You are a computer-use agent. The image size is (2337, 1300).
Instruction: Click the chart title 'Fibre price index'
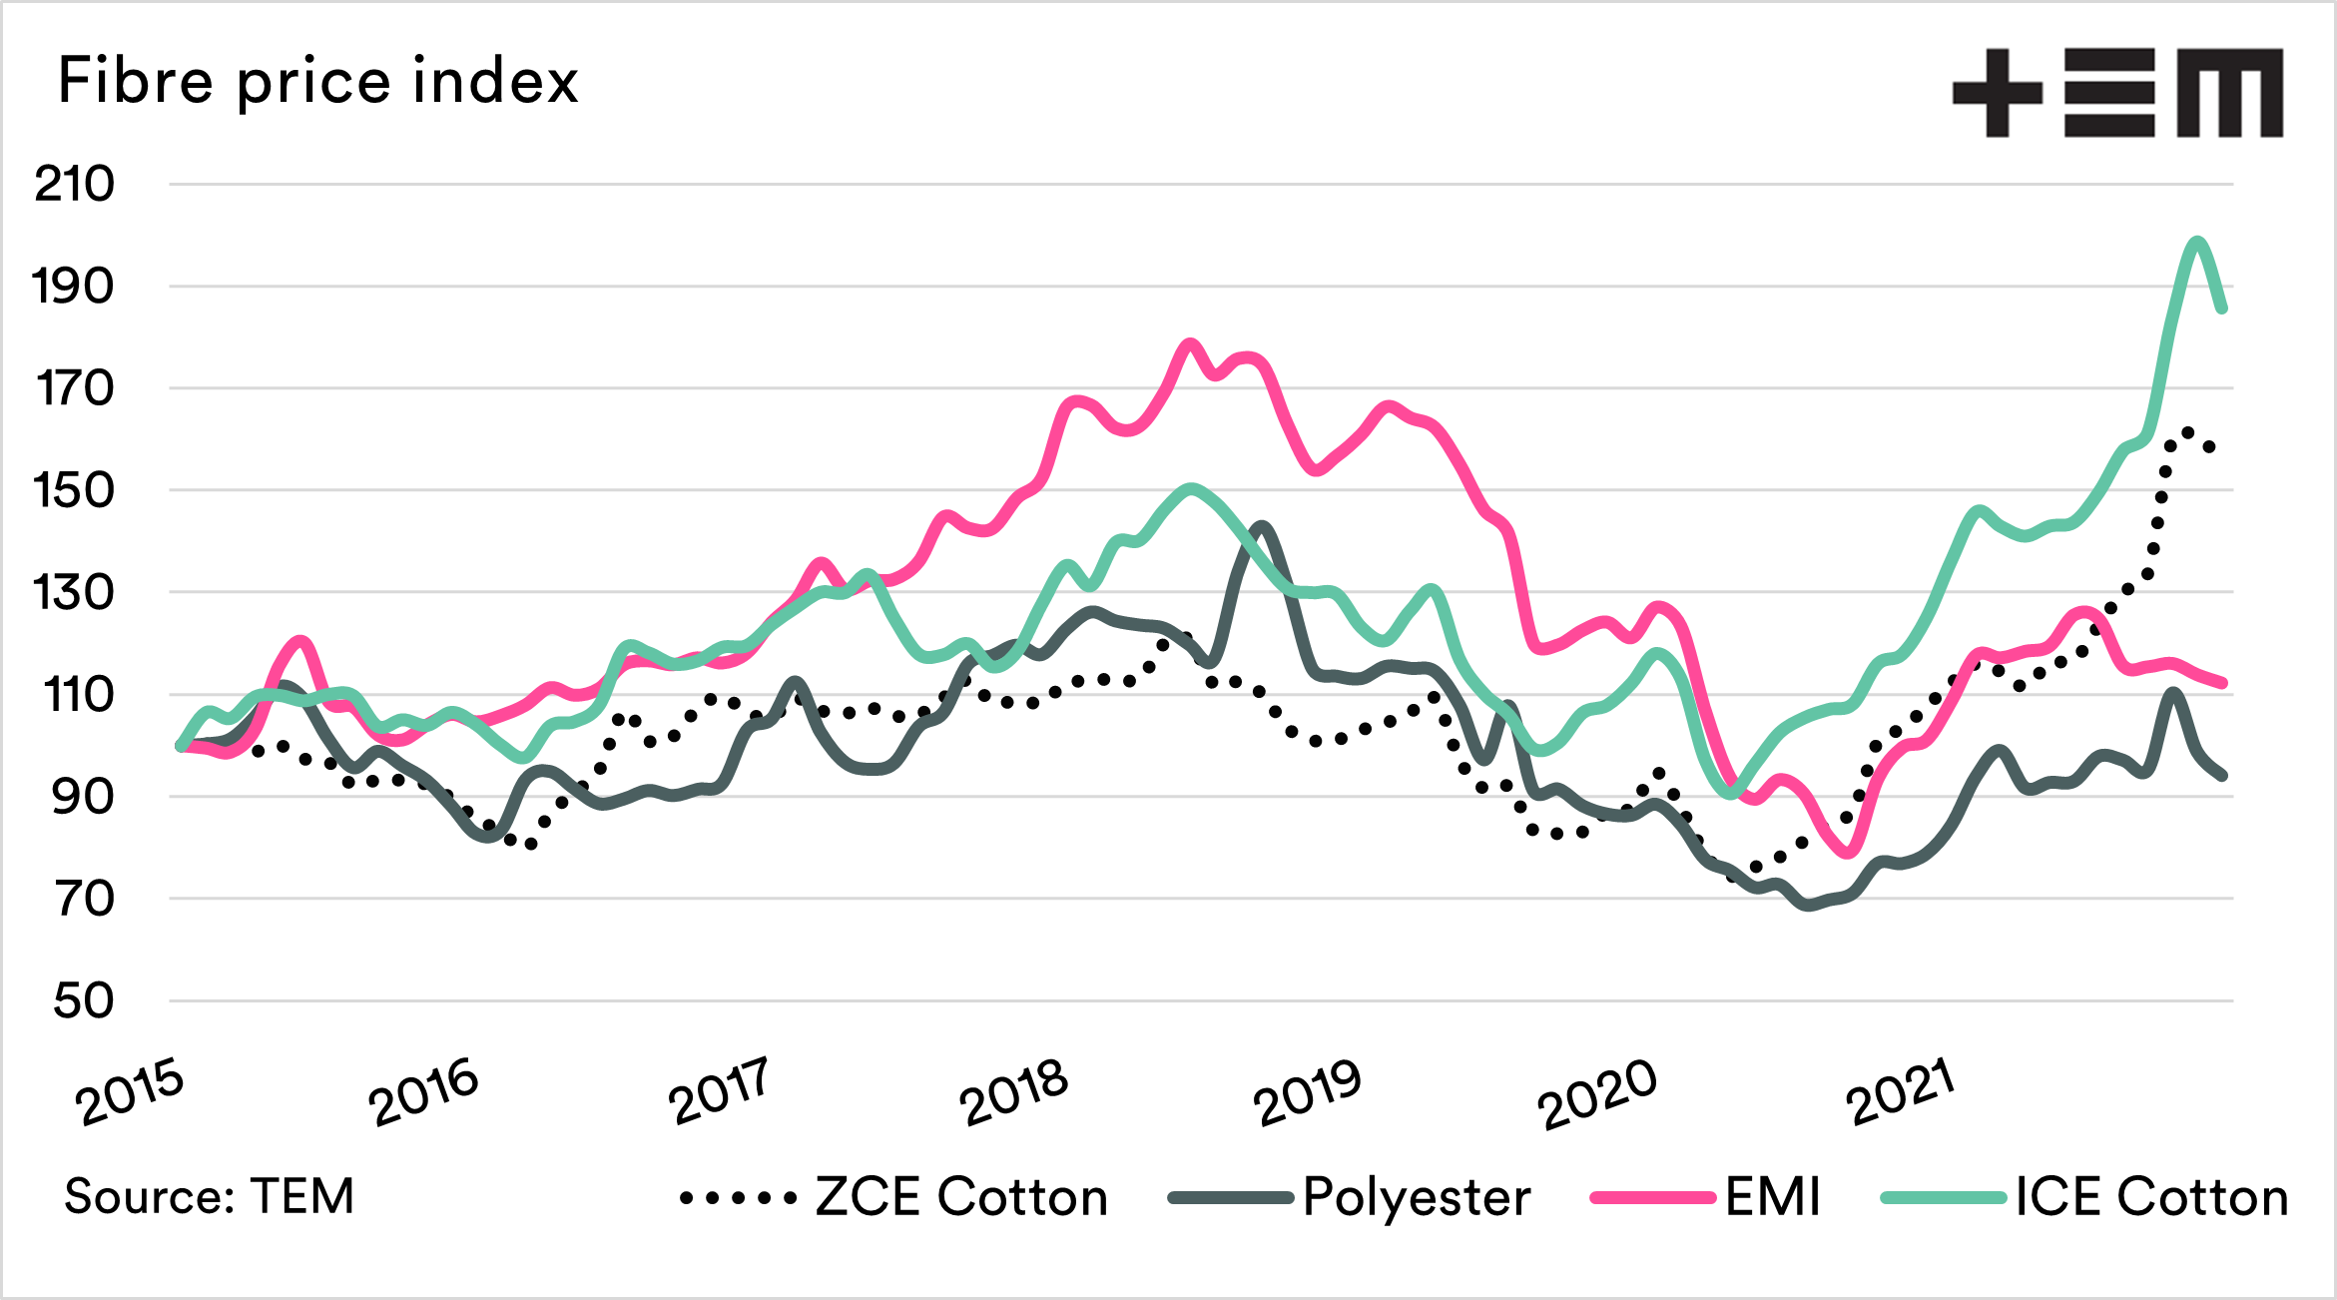pyautogui.click(x=317, y=81)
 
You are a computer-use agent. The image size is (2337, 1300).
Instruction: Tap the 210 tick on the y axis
pyautogui.click(x=75, y=185)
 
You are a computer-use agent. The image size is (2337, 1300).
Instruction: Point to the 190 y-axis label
pyautogui.click(x=75, y=287)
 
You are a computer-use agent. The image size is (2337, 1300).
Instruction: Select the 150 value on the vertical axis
pyautogui.click(x=75, y=490)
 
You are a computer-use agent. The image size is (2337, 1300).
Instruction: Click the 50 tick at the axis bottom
pyautogui.click(x=84, y=1000)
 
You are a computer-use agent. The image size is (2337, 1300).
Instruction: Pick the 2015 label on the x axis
pyautogui.click(x=130, y=1093)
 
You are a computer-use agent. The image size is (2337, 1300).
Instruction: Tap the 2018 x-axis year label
pyautogui.click(x=1013, y=1093)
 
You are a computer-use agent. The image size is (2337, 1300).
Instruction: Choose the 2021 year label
pyautogui.click(x=1900, y=1093)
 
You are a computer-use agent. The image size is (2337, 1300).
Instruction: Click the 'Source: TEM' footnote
pyautogui.click(x=210, y=1196)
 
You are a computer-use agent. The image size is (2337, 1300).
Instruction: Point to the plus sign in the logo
pyautogui.click(x=1997, y=93)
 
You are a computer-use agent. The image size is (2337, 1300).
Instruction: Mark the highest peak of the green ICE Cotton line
pyautogui.click(x=2196, y=241)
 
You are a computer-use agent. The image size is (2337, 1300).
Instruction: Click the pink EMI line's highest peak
pyautogui.click(x=1189, y=343)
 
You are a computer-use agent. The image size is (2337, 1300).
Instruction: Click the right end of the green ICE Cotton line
pyautogui.click(x=2222, y=310)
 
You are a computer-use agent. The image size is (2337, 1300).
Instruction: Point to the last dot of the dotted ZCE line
pyautogui.click(x=2210, y=446)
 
